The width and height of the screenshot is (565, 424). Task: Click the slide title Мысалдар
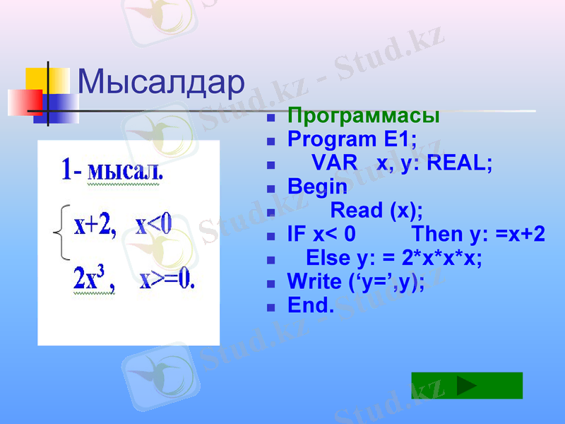click(x=160, y=83)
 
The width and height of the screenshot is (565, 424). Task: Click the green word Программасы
click(x=364, y=116)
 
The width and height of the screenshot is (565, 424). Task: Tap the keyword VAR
click(x=335, y=163)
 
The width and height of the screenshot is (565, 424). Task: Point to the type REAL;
click(x=460, y=163)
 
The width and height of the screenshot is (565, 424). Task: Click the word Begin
click(x=317, y=187)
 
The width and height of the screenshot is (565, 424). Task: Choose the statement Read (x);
click(x=376, y=210)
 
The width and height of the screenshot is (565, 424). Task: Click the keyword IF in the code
click(x=297, y=234)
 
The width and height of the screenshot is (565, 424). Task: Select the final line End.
click(x=311, y=305)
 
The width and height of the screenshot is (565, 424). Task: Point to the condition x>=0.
click(x=167, y=279)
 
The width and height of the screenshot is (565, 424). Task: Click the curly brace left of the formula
click(x=62, y=232)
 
